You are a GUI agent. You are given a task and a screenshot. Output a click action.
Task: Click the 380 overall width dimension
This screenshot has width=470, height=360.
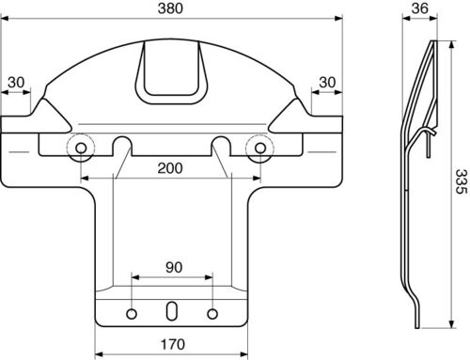[x=170, y=8]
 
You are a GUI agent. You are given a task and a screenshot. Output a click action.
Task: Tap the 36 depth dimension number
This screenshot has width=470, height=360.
[x=419, y=8]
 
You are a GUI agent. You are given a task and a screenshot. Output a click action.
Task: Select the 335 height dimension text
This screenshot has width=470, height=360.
[x=461, y=181]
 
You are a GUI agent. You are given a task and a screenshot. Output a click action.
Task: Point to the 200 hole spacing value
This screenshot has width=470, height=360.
[x=170, y=168]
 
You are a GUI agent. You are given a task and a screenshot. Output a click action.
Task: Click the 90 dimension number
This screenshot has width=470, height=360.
[x=174, y=267]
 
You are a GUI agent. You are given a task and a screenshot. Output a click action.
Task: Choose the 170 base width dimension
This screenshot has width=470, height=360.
[x=173, y=344]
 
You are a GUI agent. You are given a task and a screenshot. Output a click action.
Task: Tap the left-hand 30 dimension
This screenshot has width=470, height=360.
[x=16, y=83]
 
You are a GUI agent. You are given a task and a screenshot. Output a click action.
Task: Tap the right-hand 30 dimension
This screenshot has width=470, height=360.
[x=327, y=83]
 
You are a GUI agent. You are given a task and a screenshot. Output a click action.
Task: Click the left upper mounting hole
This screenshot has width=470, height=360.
[x=81, y=148]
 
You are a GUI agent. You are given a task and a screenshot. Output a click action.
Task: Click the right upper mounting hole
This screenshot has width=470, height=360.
[x=260, y=148]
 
